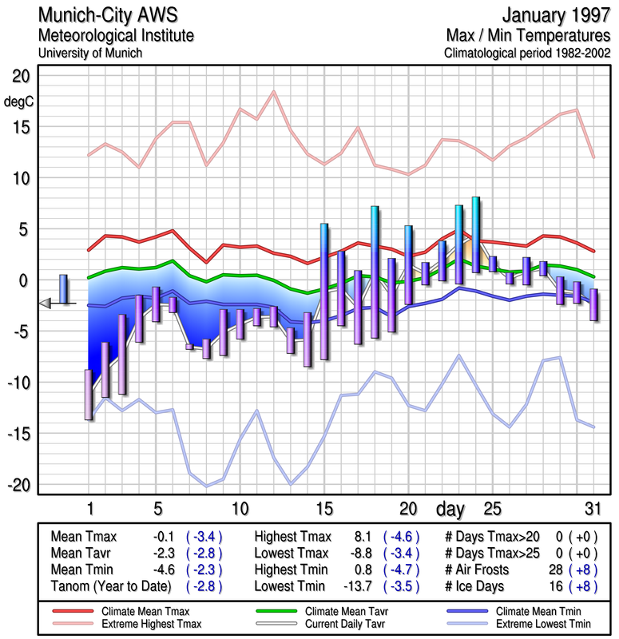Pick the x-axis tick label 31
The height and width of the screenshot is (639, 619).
[x=591, y=508]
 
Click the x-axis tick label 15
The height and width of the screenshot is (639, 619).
[x=323, y=508]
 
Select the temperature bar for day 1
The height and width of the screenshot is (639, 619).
[x=89, y=395]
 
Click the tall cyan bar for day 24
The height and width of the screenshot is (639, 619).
[x=476, y=234]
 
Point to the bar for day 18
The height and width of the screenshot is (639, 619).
[x=375, y=272]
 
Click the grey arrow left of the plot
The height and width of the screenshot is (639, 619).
[x=46, y=303]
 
